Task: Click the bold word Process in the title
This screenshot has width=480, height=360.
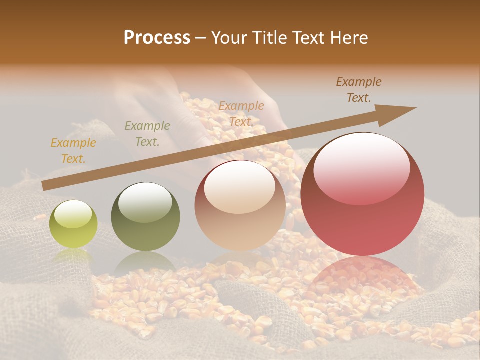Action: click(157, 38)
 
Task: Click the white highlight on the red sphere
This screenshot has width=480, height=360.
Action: click(361, 167)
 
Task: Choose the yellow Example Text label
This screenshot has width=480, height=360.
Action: click(73, 151)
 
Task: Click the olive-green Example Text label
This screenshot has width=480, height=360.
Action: click(147, 134)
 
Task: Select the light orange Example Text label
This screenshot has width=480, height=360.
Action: click(241, 114)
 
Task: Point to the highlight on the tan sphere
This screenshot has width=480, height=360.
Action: click(240, 187)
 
